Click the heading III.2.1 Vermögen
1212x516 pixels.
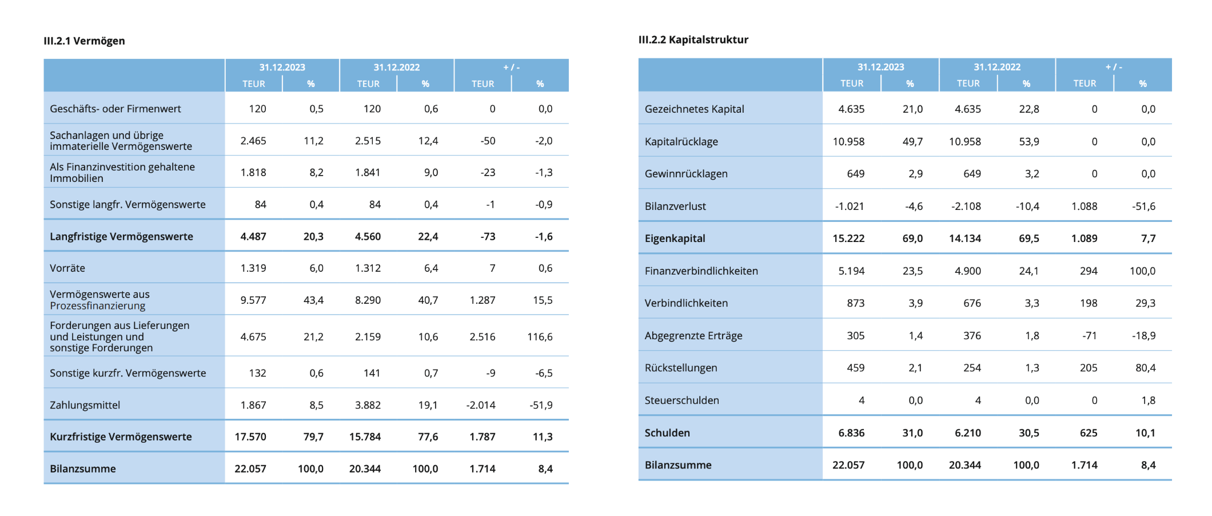tap(84, 41)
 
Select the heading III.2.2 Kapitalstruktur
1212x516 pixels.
tap(693, 40)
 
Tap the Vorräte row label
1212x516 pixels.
tap(67, 268)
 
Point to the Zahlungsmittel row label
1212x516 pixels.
tap(85, 406)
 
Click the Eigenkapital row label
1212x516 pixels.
tap(675, 239)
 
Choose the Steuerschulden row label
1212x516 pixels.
tap(681, 400)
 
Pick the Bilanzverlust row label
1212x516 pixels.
tap(675, 207)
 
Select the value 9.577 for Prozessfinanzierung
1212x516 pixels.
tap(253, 300)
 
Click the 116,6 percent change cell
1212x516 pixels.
tap(540, 337)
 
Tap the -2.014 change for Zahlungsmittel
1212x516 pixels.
tap(481, 406)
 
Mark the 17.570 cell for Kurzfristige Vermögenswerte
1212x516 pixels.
tap(250, 437)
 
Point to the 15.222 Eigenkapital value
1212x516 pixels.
tap(848, 239)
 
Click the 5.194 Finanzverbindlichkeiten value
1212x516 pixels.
tap(851, 271)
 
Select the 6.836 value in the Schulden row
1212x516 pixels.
tap(851, 433)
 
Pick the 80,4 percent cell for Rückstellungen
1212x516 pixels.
tap(1145, 368)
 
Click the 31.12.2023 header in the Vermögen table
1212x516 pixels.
tap(282, 68)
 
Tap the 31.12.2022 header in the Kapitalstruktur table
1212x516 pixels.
tap(997, 67)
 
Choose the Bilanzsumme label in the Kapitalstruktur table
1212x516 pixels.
tap(678, 465)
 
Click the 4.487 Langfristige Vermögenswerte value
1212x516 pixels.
tap(253, 237)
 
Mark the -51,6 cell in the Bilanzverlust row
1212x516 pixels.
tap(1143, 207)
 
